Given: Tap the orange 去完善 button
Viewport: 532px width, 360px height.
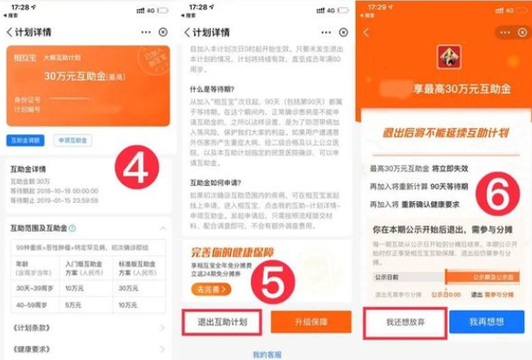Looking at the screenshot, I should coord(204,288).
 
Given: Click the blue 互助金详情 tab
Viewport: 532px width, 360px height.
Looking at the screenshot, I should coord(24,140).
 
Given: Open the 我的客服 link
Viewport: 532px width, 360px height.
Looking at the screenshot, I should coord(266,354).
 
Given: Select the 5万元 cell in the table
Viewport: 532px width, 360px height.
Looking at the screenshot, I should coord(86,304).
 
